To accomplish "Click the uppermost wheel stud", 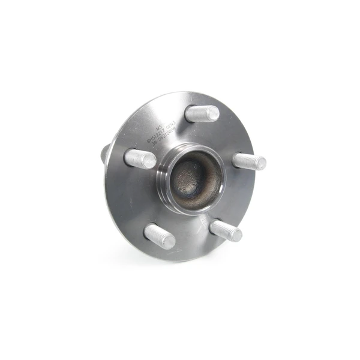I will tap(202, 113).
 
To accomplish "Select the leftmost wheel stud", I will tap(140, 159).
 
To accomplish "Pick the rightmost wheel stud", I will tap(248, 161).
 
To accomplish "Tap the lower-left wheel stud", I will tap(159, 236).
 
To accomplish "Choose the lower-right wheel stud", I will tap(226, 230).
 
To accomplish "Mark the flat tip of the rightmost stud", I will tap(262, 163).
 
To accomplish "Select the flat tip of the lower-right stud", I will tap(236, 235).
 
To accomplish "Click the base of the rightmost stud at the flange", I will tap(235, 160).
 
